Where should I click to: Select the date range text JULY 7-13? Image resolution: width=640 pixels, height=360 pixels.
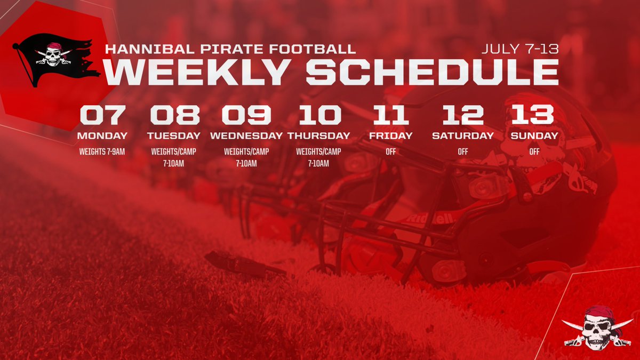(519, 49)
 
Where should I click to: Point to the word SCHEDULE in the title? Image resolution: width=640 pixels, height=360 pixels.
(432, 72)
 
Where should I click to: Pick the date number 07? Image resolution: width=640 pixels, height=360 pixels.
(103, 115)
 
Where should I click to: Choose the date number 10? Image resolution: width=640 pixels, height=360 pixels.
(319, 115)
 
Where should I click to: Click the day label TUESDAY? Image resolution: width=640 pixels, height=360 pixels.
(174, 135)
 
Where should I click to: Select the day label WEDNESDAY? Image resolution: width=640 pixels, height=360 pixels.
(246, 135)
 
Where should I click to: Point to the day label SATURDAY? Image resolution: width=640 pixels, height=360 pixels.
(462, 135)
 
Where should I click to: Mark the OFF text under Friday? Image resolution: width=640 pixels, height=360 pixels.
(391, 151)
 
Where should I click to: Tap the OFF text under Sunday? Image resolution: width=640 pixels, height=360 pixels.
(534, 151)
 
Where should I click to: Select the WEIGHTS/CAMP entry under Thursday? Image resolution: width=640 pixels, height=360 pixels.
(318, 151)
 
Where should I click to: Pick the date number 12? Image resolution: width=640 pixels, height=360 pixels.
(462, 115)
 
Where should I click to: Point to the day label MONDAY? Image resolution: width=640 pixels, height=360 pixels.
(103, 135)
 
